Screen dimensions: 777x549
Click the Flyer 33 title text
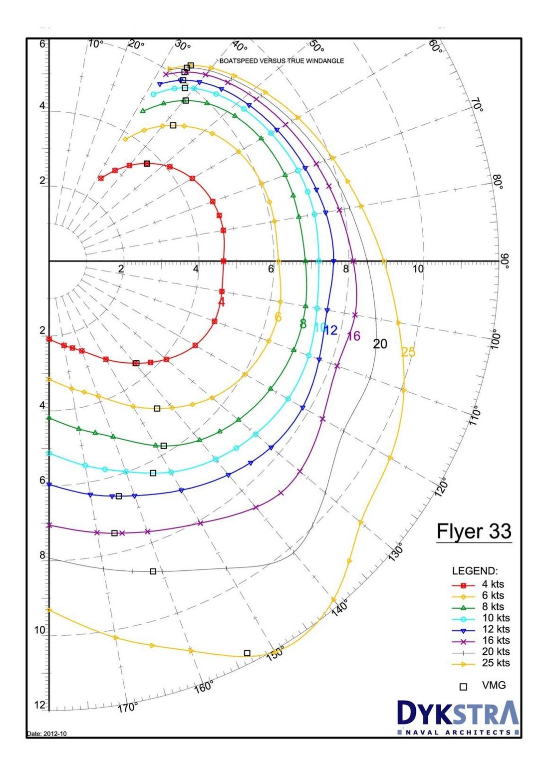click(x=474, y=531)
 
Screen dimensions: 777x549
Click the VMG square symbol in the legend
click(x=463, y=687)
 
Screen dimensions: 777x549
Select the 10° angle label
click(x=95, y=44)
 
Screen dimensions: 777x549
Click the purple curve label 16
click(x=353, y=336)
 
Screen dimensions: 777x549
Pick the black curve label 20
click(x=380, y=344)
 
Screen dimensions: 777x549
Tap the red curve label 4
click(x=222, y=302)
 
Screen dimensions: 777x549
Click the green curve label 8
click(x=303, y=324)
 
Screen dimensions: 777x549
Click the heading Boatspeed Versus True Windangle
click(x=281, y=61)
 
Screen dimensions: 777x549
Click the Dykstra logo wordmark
click(x=458, y=714)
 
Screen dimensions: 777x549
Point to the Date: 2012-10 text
click(x=46, y=734)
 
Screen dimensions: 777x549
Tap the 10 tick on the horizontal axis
click(x=418, y=269)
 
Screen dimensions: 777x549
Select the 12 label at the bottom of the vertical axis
click(x=39, y=705)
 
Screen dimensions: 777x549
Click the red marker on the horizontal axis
click(x=223, y=261)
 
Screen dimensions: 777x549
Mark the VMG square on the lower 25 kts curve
click(x=247, y=653)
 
